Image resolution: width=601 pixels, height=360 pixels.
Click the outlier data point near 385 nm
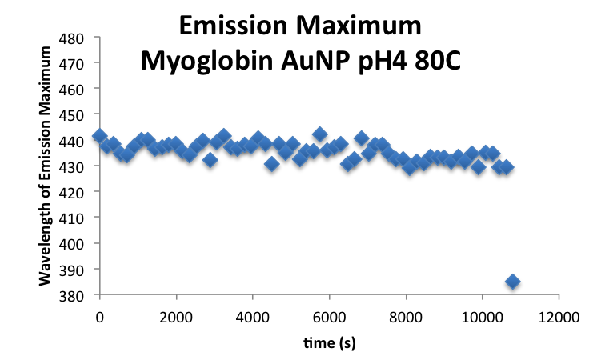pyautogui.click(x=512, y=282)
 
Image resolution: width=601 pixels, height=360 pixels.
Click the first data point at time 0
pyautogui.click(x=99, y=136)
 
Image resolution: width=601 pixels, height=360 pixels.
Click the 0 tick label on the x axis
pyautogui.click(x=99, y=316)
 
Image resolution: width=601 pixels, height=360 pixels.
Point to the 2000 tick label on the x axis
pyautogui.click(x=176, y=316)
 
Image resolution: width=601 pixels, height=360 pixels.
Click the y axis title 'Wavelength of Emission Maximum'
pyautogui.click(x=46, y=166)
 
